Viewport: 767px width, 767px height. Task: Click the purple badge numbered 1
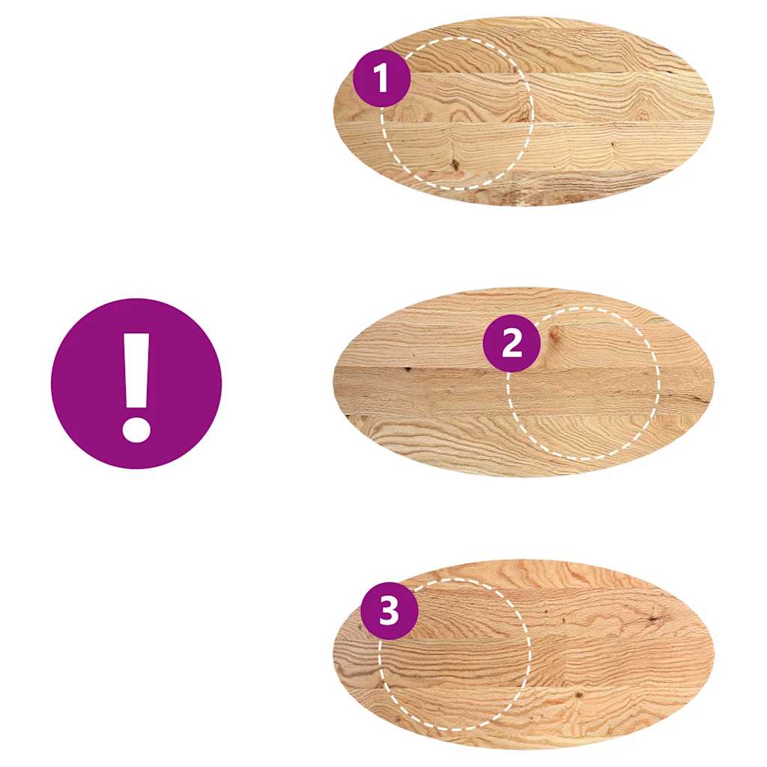[382, 78]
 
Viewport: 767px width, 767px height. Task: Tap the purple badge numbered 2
[512, 343]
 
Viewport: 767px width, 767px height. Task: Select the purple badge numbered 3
[389, 611]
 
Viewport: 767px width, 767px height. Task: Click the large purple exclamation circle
[136, 383]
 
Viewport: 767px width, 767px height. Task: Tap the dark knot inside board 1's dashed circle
[454, 163]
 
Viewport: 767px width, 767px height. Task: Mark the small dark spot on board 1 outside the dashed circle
[613, 144]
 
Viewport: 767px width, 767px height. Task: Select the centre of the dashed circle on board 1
[457, 113]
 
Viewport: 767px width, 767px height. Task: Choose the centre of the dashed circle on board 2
[583, 383]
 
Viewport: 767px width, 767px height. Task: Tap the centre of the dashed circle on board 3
[455, 654]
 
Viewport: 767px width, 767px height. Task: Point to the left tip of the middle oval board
[333, 382]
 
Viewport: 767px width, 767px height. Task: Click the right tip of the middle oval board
[713, 382]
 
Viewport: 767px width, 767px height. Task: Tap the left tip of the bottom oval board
[333, 654]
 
